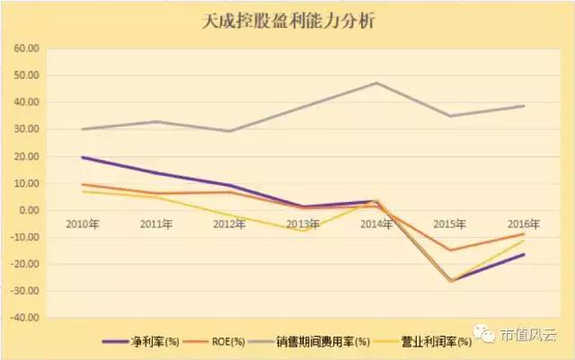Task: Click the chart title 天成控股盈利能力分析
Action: tap(287, 21)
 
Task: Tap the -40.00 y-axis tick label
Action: tap(26, 318)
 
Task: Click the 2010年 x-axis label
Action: tap(82, 224)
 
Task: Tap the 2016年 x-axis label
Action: tap(524, 224)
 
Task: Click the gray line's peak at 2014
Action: tap(376, 83)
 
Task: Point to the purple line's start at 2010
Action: tap(82, 157)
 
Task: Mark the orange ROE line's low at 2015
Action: tap(450, 250)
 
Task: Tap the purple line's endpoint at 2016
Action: tap(524, 254)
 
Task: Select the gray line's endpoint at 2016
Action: tap(524, 106)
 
